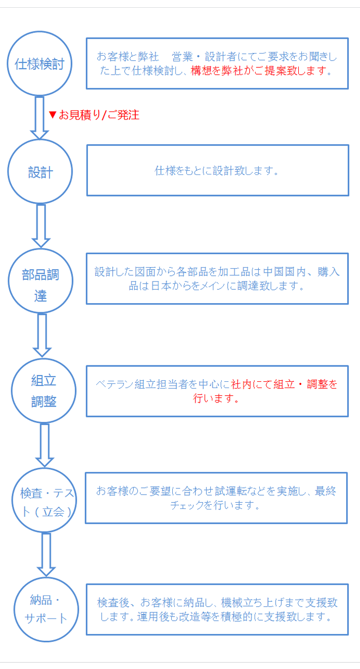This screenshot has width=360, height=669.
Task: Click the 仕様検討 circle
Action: coord(40,31)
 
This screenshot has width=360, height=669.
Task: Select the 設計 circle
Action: coord(40,139)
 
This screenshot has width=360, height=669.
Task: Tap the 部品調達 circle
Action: coord(40,249)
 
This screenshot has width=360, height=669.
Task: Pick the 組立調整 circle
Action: coord(44,359)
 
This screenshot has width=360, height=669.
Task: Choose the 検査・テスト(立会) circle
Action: coord(44,468)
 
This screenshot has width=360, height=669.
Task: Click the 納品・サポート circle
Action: coord(46,577)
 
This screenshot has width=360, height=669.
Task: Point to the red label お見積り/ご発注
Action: coord(99,115)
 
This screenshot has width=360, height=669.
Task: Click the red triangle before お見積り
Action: coord(52,115)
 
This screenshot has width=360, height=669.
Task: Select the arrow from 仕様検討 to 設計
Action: coord(40,118)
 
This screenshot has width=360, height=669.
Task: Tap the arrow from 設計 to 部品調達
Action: coord(41,226)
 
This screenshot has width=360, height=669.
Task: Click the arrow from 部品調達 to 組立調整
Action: coord(42,336)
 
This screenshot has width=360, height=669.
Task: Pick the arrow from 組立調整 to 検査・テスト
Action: coord(44,445)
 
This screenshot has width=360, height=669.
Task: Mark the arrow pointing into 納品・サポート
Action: coord(46,555)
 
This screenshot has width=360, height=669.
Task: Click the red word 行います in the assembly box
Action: coord(216,398)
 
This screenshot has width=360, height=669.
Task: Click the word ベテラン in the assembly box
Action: coord(115,384)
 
